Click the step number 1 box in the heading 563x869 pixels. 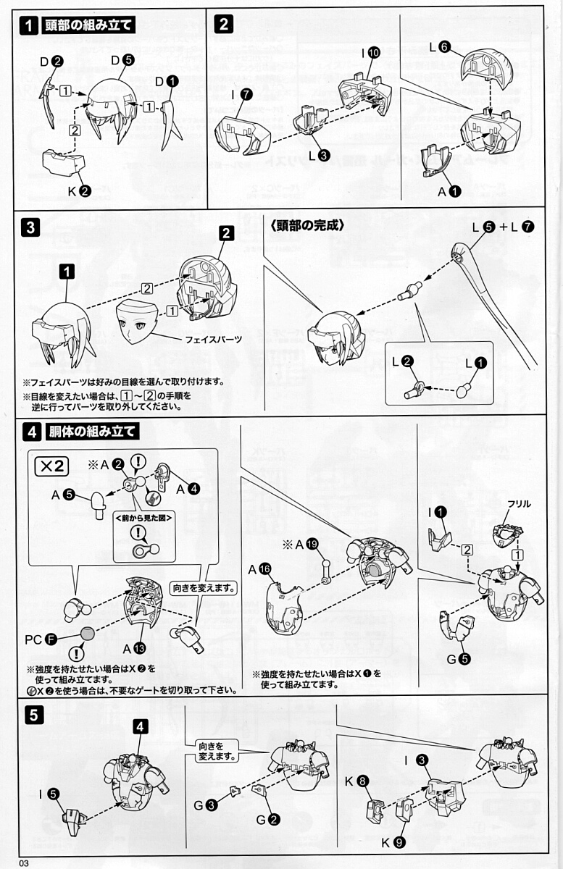29,25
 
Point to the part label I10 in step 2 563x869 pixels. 369,53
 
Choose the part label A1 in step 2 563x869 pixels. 449,191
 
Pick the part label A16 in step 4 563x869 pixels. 259,570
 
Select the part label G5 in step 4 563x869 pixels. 459,659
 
